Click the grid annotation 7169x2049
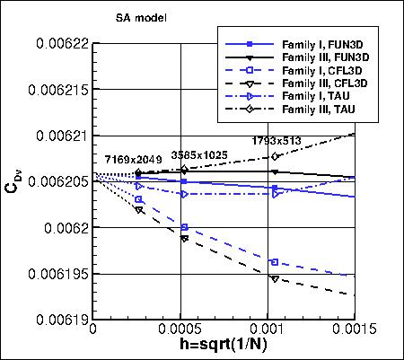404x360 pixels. click(x=130, y=159)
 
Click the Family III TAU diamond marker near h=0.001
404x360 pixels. click(x=275, y=156)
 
